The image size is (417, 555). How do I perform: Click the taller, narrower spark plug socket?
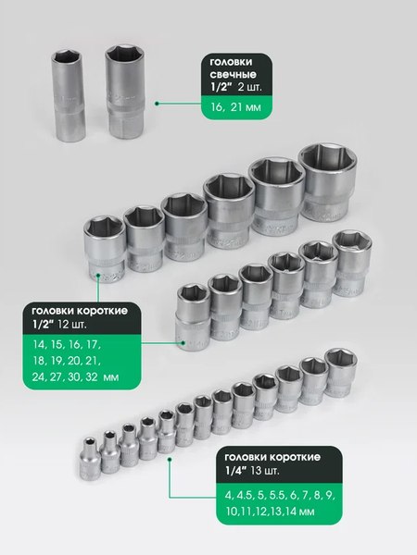pos(68,95)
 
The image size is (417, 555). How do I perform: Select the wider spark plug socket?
pos(124,92)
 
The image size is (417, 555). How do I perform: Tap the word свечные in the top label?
pos(233,75)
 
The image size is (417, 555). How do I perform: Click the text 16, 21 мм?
pos(235,107)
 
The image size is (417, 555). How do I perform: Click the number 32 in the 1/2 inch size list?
pos(92,376)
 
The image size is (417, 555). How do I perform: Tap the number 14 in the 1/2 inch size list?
pos(39,344)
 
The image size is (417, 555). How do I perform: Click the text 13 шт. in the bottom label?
pos(264,471)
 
